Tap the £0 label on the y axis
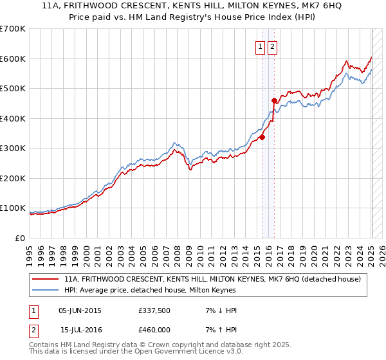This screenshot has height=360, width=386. [x=21, y=239]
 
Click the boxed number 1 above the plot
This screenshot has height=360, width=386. [x=261, y=46]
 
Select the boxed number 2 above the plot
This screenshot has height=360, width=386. [x=272, y=46]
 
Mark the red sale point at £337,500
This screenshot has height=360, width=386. [x=262, y=137]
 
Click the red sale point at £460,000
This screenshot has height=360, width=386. [x=275, y=100]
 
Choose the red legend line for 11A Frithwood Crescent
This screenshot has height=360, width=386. [x=46, y=279]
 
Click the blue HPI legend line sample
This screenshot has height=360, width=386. [x=46, y=290]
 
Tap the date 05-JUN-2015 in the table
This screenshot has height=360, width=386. [x=80, y=310]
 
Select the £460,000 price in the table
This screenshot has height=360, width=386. [x=154, y=330]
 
